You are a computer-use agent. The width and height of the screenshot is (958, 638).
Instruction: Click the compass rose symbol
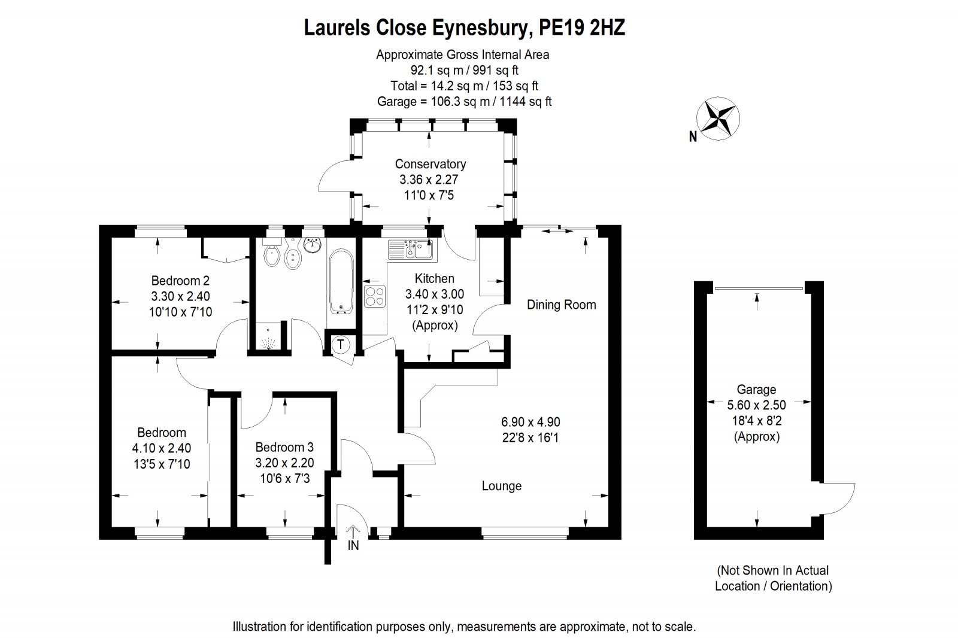click(718, 119)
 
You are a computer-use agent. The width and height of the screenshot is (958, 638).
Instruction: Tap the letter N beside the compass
click(693, 136)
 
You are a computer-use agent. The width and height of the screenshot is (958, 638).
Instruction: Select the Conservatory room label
click(431, 164)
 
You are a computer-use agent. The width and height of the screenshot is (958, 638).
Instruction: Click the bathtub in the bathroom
click(341, 282)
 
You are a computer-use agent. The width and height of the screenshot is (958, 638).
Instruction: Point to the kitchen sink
click(413, 250)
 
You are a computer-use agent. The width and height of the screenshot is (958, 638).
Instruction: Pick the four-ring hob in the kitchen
click(375, 296)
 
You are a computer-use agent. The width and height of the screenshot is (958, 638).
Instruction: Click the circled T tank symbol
click(341, 344)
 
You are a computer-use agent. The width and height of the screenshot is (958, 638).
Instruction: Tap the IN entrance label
click(353, 545)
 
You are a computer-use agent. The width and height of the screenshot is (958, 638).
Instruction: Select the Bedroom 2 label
click(180, 281)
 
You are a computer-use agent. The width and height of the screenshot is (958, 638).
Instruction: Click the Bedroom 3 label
click(284, 447)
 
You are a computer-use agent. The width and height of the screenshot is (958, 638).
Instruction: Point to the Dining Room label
click(561, 305)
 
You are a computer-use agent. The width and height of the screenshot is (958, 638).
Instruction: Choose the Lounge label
click(502, 486)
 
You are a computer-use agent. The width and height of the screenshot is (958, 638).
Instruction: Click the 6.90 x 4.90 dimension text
click(530, 422)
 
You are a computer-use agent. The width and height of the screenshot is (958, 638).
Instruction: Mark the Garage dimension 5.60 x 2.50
click(757, 405)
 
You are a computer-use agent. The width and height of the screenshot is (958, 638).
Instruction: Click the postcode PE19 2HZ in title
click(581, 28)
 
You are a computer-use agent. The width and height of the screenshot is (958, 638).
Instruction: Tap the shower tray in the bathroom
click(269, 335)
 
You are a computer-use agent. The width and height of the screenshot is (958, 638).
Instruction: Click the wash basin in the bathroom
click(312, 245)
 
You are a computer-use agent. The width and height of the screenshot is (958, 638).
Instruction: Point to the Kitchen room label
click(435, 279)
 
